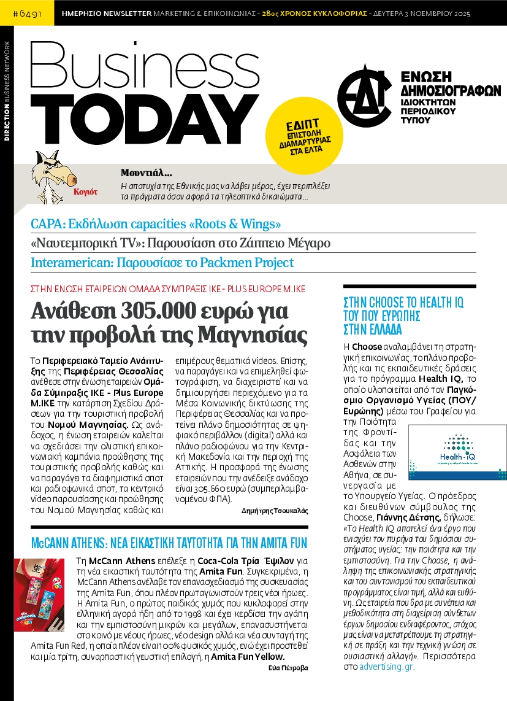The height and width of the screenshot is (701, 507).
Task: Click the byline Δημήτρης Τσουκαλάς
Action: tap(275, 511)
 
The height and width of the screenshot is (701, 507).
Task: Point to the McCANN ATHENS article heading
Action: tap(169, 543)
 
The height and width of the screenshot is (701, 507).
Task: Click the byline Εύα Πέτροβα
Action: tap(288, 668)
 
